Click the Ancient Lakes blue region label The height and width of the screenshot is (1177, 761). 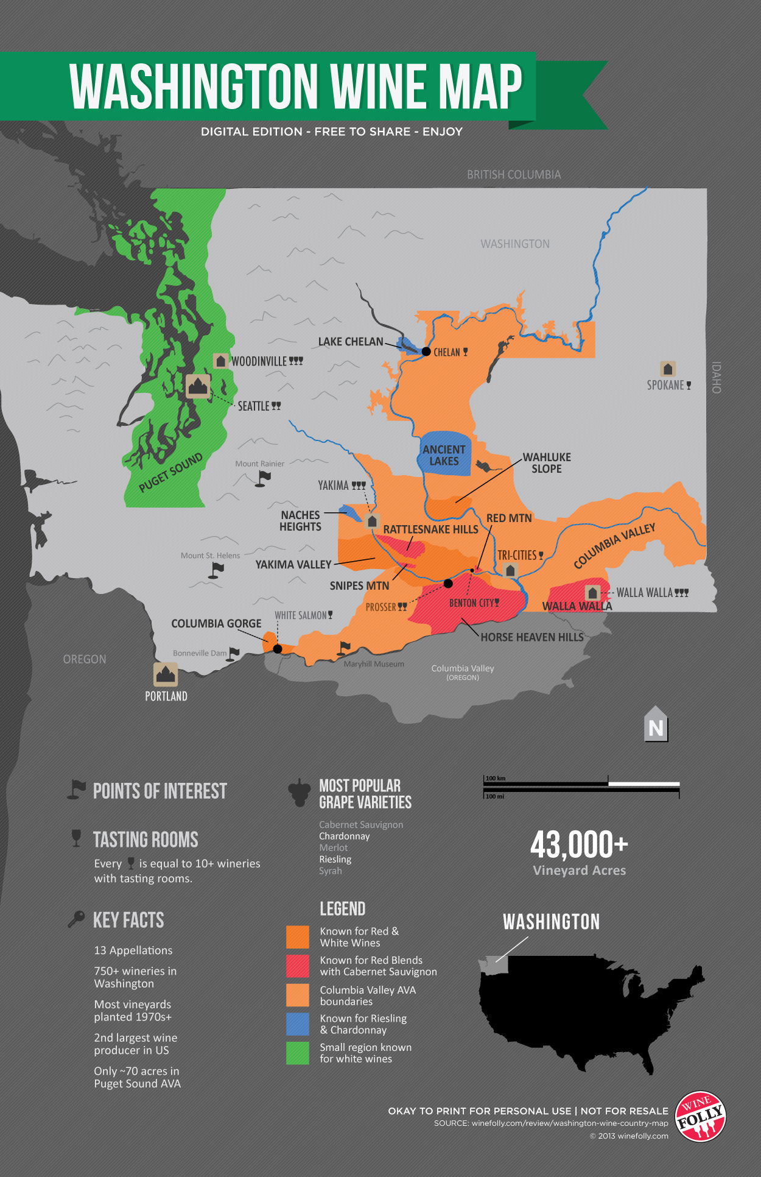coord(444,455)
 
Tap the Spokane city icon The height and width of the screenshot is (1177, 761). coord(668,369)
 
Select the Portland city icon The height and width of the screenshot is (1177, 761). coord(166,674)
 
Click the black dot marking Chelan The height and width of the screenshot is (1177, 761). coord(426,352)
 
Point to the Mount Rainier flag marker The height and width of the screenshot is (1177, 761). coord(263,478)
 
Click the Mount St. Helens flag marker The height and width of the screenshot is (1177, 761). coord(216,570)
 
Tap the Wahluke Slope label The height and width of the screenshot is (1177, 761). coord(547,463)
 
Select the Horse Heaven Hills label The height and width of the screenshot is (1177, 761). coord(532,637)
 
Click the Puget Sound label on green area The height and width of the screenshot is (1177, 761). coord(170,473)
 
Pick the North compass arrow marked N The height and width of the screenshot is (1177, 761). coord(656,726)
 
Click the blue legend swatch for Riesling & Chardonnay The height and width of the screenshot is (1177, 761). coord(298,1024)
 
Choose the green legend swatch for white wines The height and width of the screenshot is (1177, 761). coord(298,1053)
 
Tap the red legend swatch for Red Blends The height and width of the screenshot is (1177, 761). coord(298,966)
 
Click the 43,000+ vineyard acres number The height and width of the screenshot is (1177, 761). coord(579,845)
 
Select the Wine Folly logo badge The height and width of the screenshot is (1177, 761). coord(701,1116)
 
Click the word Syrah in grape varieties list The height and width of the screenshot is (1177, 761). coord(331,871)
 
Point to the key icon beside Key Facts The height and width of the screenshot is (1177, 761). coord(76,919)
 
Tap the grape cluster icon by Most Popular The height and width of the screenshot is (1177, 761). coord(299,792)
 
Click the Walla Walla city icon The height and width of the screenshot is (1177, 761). coord(592,593)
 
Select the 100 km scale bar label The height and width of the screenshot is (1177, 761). coord(496,779)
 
